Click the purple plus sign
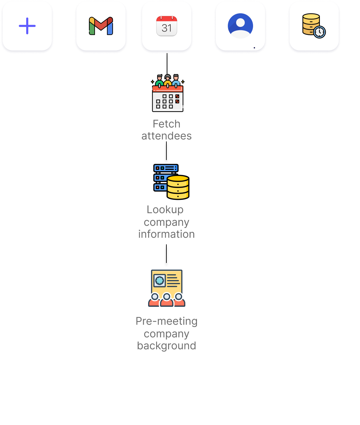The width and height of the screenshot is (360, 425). (x=27, y=26)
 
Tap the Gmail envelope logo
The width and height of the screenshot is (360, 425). (x=101, y=26)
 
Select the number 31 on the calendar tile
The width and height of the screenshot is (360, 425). (x=167, y=28)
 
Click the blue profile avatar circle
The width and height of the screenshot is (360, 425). (x=240, y=26)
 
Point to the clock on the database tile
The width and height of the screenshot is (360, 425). (x=319, y=32)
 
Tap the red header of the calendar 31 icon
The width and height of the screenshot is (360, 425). (x=167, y=19)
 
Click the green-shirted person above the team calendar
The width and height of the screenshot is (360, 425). (x=159, y=81)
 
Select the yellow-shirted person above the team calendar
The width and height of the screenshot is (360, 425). (x=168, y=81)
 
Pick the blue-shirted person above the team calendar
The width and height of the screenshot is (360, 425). (x=176, y=81)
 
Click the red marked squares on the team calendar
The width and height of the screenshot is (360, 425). (x=177, y=99)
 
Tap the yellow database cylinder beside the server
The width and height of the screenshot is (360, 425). (x=178, y=187)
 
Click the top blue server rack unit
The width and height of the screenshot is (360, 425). (x=166, y=168)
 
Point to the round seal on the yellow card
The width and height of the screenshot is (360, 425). (x=160, y=281)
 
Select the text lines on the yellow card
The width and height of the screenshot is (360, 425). (x=173, y=281)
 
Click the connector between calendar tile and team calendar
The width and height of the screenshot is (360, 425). (x=167, y=64)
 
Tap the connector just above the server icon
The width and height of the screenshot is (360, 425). (x=166, y=153)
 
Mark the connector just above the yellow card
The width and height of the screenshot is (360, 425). (x=166, y=256)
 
